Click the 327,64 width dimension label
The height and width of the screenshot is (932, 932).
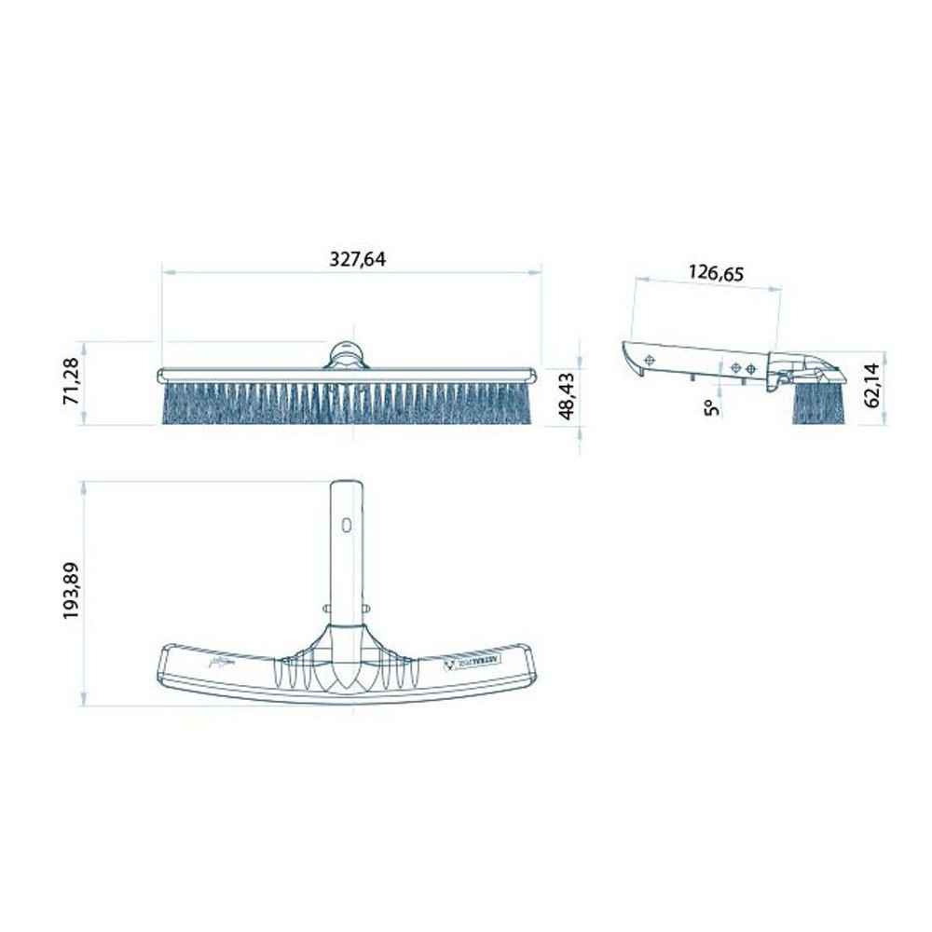pos(357,260)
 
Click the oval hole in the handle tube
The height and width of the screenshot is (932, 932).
pos(346,525)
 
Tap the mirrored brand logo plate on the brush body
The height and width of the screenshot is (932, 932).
pos(473,662)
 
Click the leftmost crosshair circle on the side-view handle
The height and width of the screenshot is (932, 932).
pos(651,360)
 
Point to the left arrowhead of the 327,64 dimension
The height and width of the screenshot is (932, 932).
pos(166,273)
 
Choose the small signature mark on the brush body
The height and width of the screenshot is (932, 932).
pos(219,664)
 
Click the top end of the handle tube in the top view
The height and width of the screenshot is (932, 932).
pos(346,483)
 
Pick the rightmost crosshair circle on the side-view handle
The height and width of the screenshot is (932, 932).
pos(751,369)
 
